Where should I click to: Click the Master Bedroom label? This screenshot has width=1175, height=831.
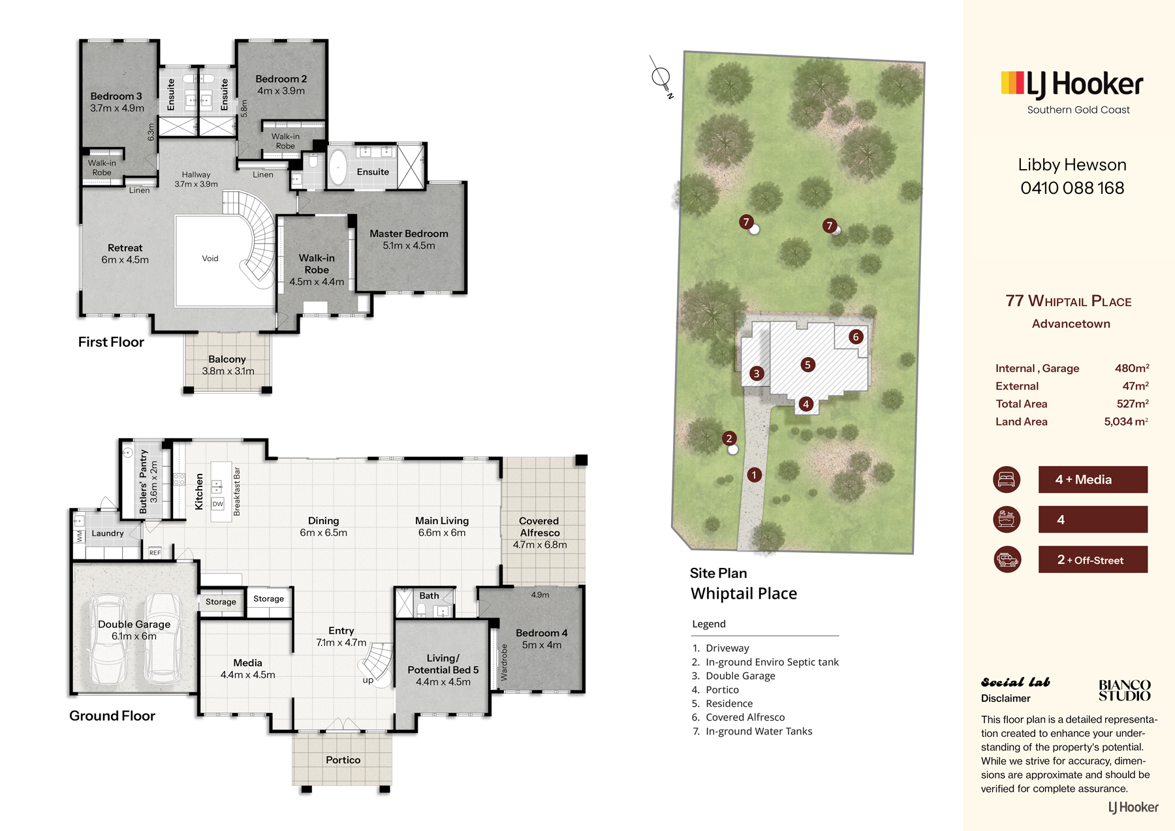point(409,234)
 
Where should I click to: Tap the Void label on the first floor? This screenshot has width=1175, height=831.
point(210,259)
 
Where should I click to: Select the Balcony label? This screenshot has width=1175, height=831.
point(227,359)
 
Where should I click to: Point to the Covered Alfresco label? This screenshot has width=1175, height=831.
point(539,527)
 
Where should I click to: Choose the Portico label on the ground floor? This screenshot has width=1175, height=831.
point(343,760)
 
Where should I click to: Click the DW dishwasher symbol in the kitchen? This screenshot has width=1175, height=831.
point(218,504)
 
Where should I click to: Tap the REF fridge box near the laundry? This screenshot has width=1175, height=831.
point(155,553)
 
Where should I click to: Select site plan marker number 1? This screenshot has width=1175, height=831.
point(754,475)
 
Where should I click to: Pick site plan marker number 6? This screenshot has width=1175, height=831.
point(856,337)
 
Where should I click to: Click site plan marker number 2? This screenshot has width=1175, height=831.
point(729,438)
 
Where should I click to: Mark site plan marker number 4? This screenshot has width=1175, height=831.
point(806,404)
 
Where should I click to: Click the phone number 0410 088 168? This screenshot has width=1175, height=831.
point(1073,188)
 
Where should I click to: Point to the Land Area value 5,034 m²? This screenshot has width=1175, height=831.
point(1126,422)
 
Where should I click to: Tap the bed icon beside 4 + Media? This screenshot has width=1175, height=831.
point(1007,479)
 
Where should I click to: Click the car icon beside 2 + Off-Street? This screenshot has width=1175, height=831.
point(1007,559)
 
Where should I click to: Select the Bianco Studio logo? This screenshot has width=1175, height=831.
point(1124,690)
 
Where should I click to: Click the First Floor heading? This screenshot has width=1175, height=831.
point(111,342)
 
